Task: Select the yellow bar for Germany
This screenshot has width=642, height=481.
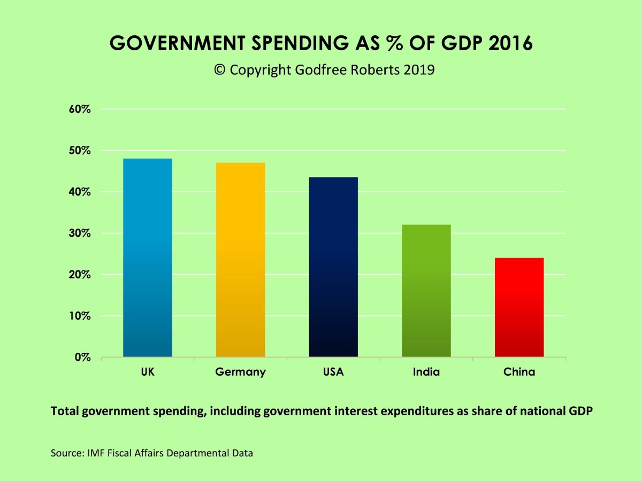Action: tap(240, 260)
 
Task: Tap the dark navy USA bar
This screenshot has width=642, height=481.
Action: tap(333, 267)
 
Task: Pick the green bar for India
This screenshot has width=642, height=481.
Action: tap(426, 291)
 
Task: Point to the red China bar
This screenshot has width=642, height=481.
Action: tap(519, 307)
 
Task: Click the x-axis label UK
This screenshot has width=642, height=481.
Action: tap(148, 372)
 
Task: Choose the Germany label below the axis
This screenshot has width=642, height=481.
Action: tap(240, 372)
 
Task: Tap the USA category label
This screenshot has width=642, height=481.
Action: tap(333, 372)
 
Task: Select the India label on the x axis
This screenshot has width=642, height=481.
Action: tap(426, 372)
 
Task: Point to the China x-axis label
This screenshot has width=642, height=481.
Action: tap(519, 372)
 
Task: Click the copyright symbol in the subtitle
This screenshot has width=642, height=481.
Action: tap(219, 70)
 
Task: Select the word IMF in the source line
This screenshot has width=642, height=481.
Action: tap(88, 453)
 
